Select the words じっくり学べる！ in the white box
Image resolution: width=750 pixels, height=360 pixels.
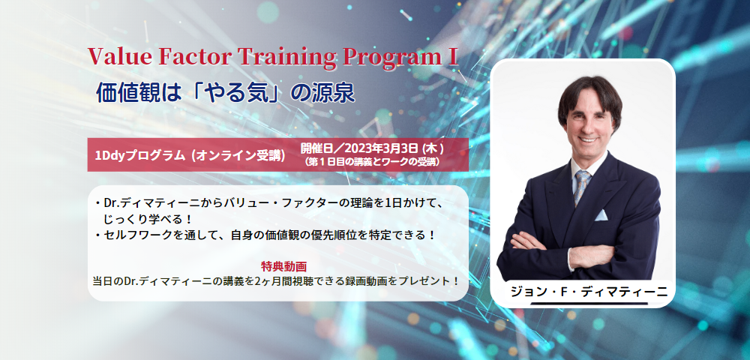point(148,220)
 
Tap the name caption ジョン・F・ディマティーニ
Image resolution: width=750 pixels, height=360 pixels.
point(589,292)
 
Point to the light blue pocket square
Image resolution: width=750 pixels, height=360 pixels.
point(601,215)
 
